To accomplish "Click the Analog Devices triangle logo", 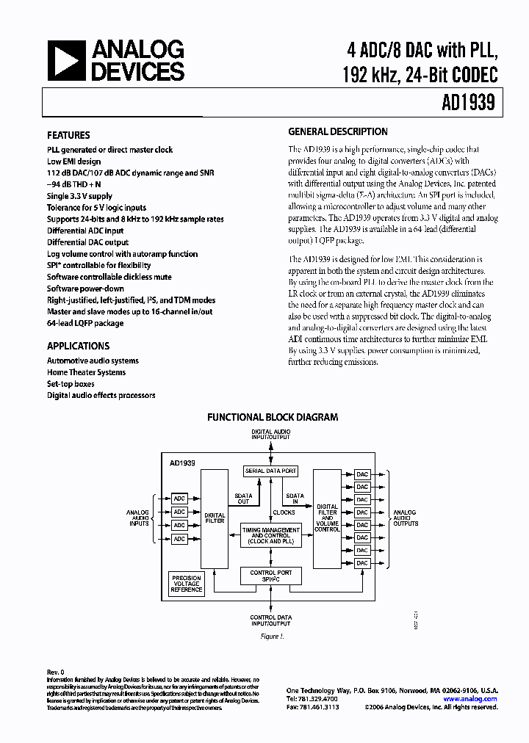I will (x=65, y=60).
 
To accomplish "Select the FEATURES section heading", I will (x=68, y=136).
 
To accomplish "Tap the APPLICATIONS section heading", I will (x=78, y=346).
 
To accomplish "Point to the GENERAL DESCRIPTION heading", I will (x=338, y=132).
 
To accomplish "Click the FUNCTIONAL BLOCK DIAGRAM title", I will (x=273, y=417).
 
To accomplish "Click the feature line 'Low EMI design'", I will (x=74, y=162).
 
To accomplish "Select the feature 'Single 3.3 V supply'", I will (x=80, y=196).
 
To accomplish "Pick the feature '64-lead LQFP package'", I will (x=85, y=323).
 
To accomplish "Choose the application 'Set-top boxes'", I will (x=71, y=384).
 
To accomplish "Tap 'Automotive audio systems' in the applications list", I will (x=93, y=360).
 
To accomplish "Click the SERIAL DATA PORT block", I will (x=271, y=471).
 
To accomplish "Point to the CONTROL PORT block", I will (x=270, y=576).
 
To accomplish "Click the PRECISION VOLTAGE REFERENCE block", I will (x=187, y=584).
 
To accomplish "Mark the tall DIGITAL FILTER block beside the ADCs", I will (x=215, y=519).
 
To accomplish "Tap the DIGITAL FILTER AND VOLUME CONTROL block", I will (x=327, y=518).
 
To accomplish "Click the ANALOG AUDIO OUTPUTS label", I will (x=405, y=518).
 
